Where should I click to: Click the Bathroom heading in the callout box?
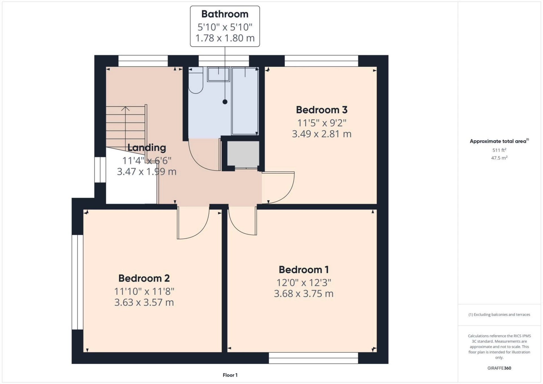tap(225, 14)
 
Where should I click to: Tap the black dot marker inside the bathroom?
tap(225, 102)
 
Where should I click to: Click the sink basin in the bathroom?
tap(218, 74)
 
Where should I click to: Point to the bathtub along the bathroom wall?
tap(245, 101)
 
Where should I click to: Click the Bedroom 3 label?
tap(322, 110)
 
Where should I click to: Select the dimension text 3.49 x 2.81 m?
tap(322, 134)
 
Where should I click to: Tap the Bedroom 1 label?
tap(303, 269)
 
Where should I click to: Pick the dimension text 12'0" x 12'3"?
tap(303, 282)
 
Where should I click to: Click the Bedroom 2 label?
tap(144, 278)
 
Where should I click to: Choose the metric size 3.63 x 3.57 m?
tap(144, 302)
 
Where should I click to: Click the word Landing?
tap(146, 147)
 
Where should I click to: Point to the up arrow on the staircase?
tap(125, 109)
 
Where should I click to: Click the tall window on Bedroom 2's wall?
tap(77, 282)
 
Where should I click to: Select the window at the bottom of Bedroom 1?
tap(313, 358)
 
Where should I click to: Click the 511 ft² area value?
tap(499, 150)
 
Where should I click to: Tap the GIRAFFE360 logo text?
tap(499, 368)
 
